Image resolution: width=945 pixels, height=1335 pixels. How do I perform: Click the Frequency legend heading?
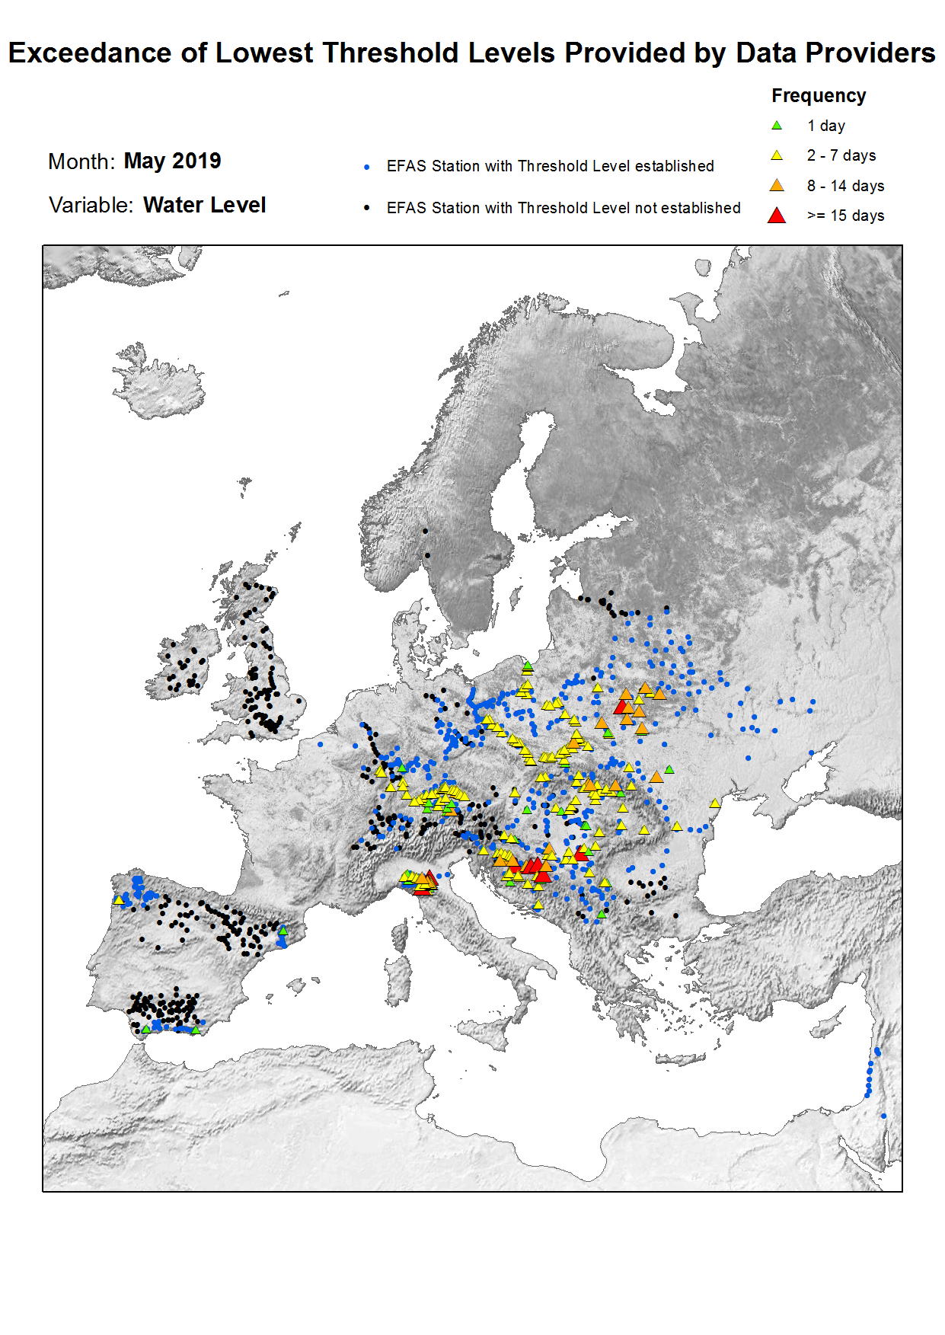pyautogui.click(x=819, y=96)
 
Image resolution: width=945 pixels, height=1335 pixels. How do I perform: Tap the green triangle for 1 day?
pyautogui.click(x=777, y=126)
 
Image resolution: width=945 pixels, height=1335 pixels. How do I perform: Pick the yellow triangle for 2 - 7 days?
pyautogui.click(x=777, y=155)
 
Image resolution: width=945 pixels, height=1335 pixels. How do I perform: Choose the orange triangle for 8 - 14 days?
pyautogui.click(x=777, y=186)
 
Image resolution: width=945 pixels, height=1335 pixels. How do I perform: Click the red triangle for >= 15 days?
pyautogui.click(x=777, y=216)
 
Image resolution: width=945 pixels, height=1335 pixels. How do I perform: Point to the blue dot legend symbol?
pyautogui.click(x=367, y=167)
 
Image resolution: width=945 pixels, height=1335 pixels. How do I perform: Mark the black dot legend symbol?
pyautogui.click(x=367, y=208)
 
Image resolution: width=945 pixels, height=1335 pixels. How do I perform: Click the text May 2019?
pyautogui.click(x=172, y=161)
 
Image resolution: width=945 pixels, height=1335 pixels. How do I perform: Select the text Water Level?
pyautogui.click(x=204, y=206)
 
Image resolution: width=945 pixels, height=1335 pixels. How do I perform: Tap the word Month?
pyautogui.click(x=81, y=161)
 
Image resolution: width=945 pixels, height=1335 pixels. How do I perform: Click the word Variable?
pyautogui.click(x=91, y=206)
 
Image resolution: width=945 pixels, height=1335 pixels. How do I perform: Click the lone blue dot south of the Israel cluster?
pyautogui.click(x=883, y=1116)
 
